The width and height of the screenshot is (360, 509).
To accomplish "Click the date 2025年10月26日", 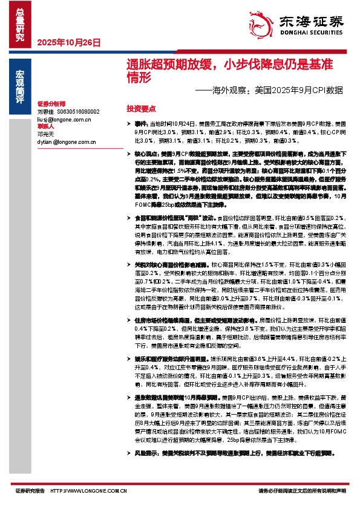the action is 68,43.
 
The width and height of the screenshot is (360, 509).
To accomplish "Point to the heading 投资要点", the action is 141,109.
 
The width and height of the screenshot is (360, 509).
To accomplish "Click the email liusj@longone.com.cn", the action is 59,119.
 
